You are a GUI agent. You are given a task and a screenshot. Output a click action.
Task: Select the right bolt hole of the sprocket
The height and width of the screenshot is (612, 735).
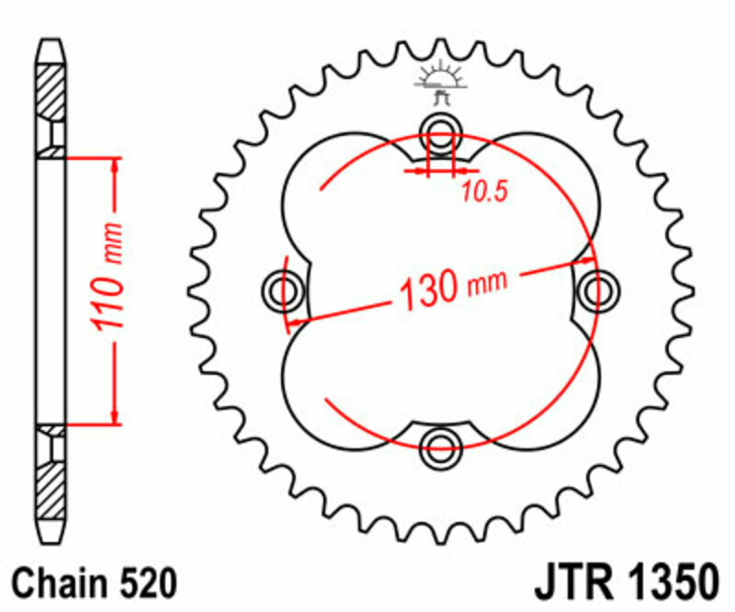[599, 289]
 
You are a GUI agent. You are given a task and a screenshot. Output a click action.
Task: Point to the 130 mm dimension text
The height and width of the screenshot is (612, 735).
[451, 287]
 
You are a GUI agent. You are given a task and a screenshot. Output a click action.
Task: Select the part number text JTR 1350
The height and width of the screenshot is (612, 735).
[624, 583]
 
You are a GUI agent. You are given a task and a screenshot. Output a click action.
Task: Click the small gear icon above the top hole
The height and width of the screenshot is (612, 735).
[441, 82]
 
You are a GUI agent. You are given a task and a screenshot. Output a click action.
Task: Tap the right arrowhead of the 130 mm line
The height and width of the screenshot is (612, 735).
[588, 260]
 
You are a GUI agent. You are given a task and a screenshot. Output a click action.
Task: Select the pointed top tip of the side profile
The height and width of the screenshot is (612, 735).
[51, 42]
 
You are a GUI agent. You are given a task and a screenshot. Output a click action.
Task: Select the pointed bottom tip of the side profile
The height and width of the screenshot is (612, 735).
[51, 542]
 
